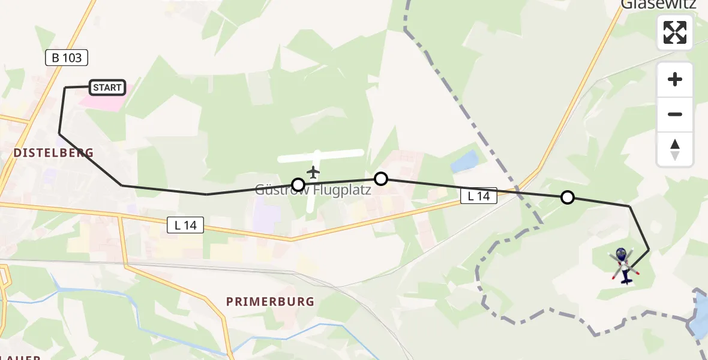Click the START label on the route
click(x=107, y=88)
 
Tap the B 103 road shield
click(x=67, y=58)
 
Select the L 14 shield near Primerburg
click(x=185, y=225)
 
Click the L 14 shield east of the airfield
click(x=479, y=195)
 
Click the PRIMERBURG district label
click(x=270, y=301)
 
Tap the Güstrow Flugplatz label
click(x=313, y=190)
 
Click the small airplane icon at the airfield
click(x=313, y=172)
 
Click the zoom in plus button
click(x=675, y=80)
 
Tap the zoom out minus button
click(x=675, y=114)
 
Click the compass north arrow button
click(x=675, y=149)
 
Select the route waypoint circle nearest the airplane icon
click(x=298, y=184)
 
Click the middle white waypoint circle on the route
click(x=380, y=178)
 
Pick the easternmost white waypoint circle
click(x=567, y=197)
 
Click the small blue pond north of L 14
click(x=464, y=162)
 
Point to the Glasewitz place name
click(x=658, y=5)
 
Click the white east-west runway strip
click(x=321, y=156)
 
